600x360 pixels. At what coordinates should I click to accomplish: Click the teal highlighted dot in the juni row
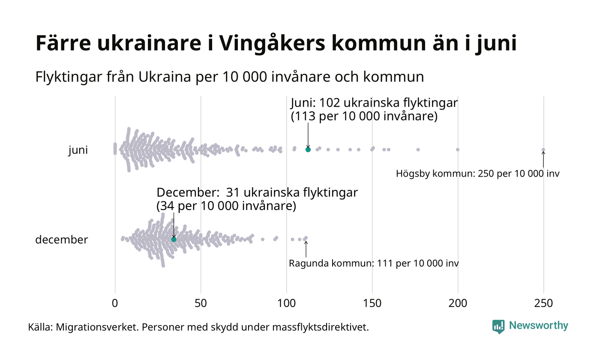[308, 150]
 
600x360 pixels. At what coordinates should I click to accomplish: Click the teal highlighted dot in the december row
[174, 239]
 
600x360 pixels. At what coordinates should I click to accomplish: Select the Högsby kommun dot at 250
[543, 150]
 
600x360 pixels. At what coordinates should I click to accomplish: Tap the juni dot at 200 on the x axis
[458, 150]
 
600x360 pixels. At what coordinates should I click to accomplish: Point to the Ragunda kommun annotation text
[374, 263]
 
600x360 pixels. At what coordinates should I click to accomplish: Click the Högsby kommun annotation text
[477, 174]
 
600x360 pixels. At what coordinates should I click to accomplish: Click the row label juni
[78, 150]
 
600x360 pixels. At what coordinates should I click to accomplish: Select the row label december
[61, 240]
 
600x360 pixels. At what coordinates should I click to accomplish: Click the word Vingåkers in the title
[249, 44]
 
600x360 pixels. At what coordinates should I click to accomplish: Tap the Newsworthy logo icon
[498, 327]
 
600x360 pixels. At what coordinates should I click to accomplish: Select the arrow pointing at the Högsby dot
[543, 159]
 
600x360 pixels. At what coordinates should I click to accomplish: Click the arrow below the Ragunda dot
[306, 249]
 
